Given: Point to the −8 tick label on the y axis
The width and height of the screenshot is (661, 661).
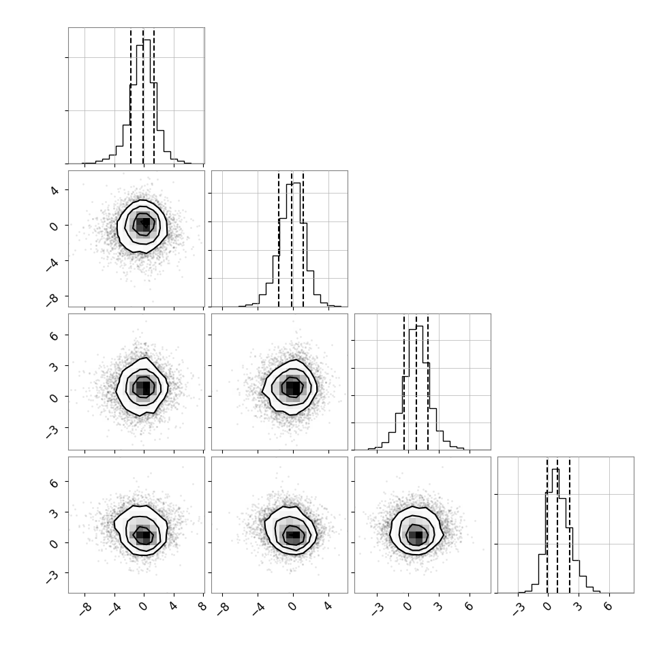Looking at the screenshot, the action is pos(52,300).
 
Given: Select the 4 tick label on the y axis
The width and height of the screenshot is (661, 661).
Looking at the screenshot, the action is pos(55,191).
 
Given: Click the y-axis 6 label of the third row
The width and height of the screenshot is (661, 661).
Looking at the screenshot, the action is pos(55,335).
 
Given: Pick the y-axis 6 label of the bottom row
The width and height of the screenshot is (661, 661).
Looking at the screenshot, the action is pos(55,482).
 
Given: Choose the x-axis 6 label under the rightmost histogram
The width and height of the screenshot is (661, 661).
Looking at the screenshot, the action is pos(607,606).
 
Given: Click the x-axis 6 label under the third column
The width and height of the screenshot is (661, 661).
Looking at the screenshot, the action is pos(469,606).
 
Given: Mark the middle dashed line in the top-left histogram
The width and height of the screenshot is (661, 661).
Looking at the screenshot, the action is pos(143,96).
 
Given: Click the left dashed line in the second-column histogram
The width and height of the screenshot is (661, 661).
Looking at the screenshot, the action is pos(279,239).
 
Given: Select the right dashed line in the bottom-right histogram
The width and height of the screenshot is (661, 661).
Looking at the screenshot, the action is pos(570,525).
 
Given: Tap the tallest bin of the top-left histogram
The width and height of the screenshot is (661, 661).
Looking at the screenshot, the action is pos(147,102).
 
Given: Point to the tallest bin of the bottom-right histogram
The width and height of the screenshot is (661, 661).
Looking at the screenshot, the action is pos(555,531).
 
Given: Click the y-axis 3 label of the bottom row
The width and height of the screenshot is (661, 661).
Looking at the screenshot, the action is pos(55,512).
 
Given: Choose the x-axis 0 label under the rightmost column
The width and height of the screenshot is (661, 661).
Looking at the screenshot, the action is pos(547,606).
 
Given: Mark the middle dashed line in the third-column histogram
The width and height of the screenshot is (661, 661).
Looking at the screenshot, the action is pos(416,382).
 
